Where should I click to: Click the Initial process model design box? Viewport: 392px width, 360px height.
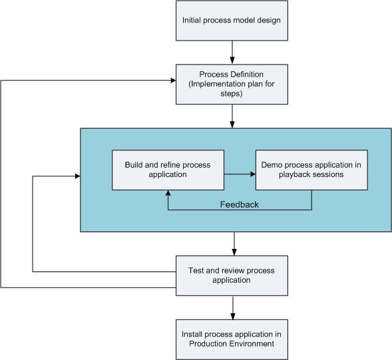point(232,21)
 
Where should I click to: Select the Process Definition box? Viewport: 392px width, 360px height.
point(232,85)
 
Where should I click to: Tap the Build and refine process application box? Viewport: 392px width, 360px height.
point(168,170)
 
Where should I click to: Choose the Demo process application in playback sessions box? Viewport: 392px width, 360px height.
point(311,170)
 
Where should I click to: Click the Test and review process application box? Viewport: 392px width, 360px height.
point(232,275)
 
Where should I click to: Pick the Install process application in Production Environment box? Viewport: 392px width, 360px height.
point(232,339)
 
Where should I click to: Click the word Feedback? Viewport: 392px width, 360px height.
point(239,204)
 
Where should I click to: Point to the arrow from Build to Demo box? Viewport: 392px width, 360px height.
point(240,174)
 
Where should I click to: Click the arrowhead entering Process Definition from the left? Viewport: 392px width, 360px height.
point(173,81)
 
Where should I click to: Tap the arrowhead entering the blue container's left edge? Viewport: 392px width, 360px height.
point(77,176)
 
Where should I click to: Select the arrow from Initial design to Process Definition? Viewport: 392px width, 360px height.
point(232,53)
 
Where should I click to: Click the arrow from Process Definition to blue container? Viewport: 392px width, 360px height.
point(232,116)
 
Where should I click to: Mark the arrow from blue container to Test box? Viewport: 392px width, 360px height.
point(234,244)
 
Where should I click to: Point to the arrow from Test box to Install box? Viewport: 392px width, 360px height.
point(233,307)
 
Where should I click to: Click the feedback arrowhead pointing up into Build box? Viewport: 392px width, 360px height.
point(168,193)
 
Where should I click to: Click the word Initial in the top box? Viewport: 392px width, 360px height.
point(191,20)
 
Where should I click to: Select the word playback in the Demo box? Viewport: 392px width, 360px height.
point(292,174)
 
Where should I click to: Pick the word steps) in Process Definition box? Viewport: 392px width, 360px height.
point(232,94)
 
